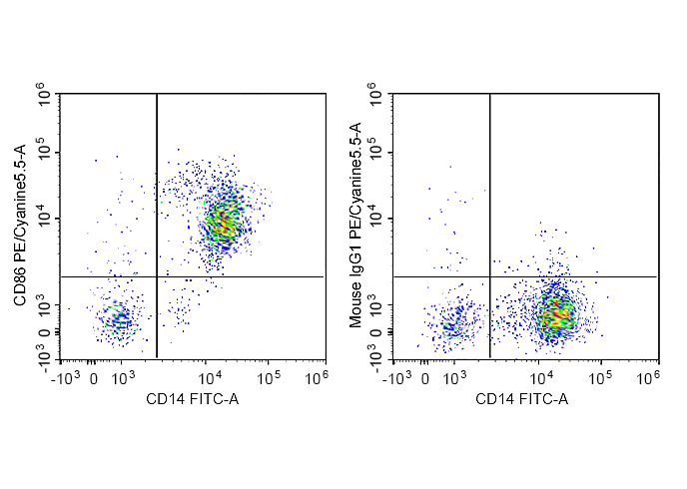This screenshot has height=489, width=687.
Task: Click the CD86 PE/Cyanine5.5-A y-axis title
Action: (x=19, y=226)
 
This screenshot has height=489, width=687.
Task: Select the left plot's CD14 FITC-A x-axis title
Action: (x=193, y=400)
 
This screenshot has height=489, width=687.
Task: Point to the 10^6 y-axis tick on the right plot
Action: (x=377, y=96)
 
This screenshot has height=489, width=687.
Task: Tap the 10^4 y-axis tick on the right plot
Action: (x=377, y=219)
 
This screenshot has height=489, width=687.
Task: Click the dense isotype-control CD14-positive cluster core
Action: (x=555, y=314)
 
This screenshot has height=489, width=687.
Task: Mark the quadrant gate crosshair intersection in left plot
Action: (x=157, y=276)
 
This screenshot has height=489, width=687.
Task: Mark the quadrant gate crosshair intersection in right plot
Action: (x=489, y=276)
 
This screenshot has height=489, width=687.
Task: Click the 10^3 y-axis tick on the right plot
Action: (x=377, y=306)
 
